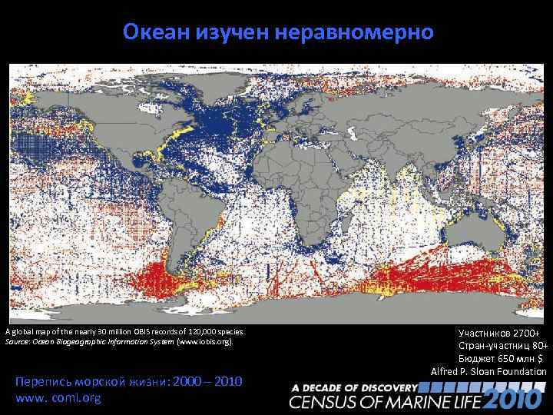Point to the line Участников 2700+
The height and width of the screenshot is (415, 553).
(499, 333)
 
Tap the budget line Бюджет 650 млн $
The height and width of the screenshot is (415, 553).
(500, 359)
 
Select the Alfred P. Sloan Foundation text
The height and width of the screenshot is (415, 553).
(488, 372)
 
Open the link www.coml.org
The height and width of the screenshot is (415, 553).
(58, 399)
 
